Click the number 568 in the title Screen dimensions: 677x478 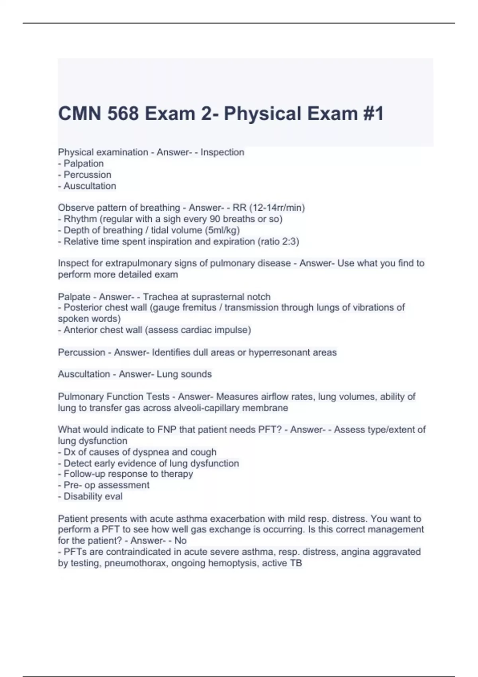coord(123,113)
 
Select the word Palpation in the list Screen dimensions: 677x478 coord(84,164)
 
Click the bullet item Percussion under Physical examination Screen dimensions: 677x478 coord(87,175)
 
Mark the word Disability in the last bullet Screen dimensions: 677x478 coord(81,497)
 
